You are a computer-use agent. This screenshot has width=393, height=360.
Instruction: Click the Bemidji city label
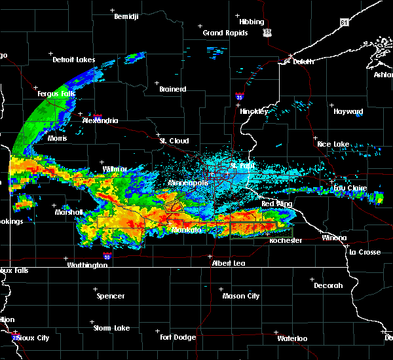pyautogui.click(x=126, y=16)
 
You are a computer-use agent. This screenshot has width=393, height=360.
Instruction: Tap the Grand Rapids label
pyautogui.click(x=225, y=33)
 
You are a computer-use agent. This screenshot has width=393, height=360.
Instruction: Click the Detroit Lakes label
pyautogui.click(x=74, y=60)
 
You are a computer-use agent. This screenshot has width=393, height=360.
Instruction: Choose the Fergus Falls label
pyautogui.click(x=56, y=94)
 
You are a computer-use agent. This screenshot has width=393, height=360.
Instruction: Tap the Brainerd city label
pyautogui.click(x=173, y=89)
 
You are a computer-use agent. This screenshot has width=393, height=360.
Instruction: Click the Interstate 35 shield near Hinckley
pyautogui.click(x=240, y=98)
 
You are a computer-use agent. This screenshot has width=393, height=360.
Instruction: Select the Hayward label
pyautogui.click(x=348, y=112)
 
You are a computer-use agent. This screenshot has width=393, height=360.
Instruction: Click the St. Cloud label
pyautogui.click(x=175, y=141)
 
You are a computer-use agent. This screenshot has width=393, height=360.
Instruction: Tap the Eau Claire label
pyautogui.click(x=349, y=189)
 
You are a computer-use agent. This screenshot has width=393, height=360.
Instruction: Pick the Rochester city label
pyautogui.click(x=286, y=241)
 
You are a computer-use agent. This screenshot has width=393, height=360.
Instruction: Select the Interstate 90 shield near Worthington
pyautogui.click(x=107, y=257)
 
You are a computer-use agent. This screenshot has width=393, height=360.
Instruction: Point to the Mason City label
pyautogui.click(x=241, y=296)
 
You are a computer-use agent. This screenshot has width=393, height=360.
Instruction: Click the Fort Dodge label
pyautogui.click(x=179, y=337)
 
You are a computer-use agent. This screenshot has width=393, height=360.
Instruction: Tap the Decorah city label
pyautogui.click(x=328, y=285)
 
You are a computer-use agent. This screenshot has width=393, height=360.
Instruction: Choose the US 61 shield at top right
pyautogui.click(x=345, y=22)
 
